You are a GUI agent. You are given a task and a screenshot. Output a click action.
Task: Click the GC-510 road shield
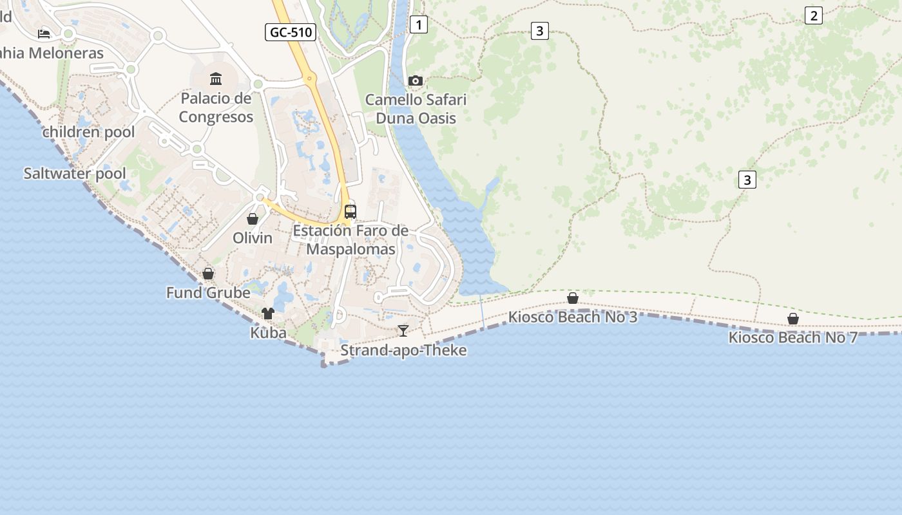(x=291, y=32)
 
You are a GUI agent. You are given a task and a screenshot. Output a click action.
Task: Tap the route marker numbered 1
(x=419, y=25)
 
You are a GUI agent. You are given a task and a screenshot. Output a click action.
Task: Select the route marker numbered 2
(x=814, y=16)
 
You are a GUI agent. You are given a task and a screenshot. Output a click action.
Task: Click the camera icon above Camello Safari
(x=416, y=80)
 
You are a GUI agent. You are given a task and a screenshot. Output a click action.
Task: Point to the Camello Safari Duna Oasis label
(x=416, y=109)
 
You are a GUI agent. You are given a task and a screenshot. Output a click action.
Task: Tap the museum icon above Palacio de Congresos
(x=216, y=79)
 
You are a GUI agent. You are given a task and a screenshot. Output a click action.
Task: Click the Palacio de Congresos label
(x=216, y=108)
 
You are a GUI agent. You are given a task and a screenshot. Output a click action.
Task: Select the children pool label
(x=89, y=133)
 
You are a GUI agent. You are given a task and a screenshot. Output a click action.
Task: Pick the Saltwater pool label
(x=75, y=173)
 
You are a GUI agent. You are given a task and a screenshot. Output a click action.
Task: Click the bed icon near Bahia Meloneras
(x=44, y=33)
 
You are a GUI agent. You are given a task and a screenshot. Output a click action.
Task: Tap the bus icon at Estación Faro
(x=350, y=211)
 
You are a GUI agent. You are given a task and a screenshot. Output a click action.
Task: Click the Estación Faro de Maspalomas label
(x=350, y=239)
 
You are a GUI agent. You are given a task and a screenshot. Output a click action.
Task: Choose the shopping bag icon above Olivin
(x=253, y=219)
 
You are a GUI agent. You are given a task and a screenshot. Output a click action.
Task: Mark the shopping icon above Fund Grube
(x=208, y=274)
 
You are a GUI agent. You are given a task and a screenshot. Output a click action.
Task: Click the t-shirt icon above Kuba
(x=268, y=314)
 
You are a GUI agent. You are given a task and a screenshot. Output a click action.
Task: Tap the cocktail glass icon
(x=403, y=331)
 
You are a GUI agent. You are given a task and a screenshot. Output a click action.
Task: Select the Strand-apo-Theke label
(x=403, y=350)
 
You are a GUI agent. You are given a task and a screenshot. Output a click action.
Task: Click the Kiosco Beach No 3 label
(x=573, y=317)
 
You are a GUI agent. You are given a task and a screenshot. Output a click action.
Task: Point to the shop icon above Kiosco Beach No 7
(x=793, y=319)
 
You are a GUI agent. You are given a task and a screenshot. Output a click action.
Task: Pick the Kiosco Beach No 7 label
(x=793, y=337)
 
